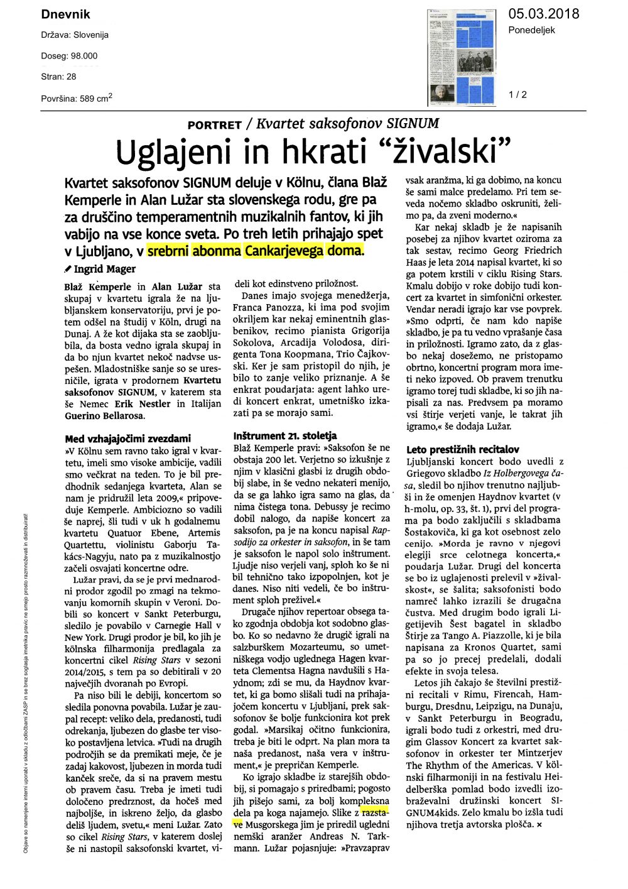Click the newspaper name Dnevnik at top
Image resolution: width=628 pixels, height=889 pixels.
point(65,14)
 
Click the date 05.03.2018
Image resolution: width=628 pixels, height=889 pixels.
point(543,14)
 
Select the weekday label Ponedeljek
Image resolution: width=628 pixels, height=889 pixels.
point(531,30)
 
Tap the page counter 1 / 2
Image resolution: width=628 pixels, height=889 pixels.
point(517,95)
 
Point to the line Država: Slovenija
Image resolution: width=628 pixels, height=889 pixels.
point(75,35)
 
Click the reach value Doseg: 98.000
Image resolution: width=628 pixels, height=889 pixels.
point(69,56)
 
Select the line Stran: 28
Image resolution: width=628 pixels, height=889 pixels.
point(58,77)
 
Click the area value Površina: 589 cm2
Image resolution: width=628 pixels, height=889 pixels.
point(77,98)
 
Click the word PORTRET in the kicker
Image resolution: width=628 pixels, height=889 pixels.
point(214,125)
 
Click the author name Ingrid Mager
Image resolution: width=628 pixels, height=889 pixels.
point(104,269)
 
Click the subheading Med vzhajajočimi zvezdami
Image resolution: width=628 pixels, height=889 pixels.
point(127,439)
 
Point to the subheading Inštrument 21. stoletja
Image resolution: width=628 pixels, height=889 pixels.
point(284,435)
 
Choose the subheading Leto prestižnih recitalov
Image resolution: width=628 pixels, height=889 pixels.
point(462,449)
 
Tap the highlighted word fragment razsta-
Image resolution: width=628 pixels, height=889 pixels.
point(375,812)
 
